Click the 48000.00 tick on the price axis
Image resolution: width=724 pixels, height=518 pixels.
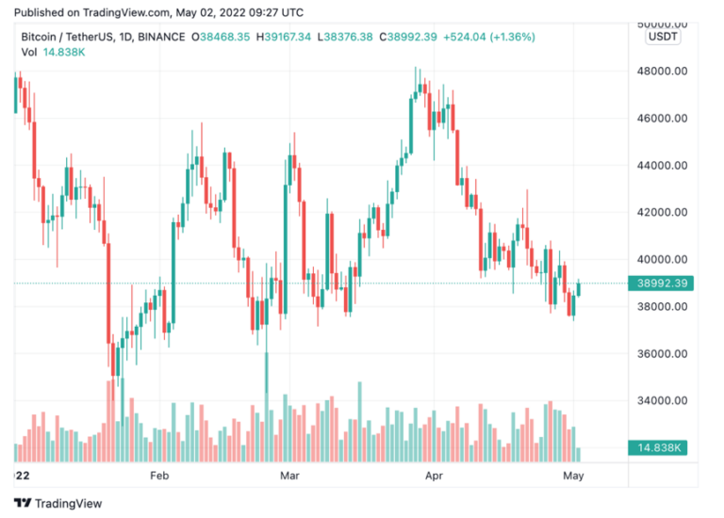(x=659, y=71)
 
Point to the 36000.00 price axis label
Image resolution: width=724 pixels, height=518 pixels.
(x=659, y=354)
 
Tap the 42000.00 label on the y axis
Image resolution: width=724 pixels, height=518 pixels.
(x=659, y=213)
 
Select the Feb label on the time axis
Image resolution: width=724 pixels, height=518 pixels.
(x=159, y=478)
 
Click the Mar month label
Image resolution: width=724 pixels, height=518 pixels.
(x=290, y=478)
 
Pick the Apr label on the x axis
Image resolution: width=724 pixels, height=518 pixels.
(x=435, y=478)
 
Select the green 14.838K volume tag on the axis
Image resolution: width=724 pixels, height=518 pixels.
(x=659, y=447)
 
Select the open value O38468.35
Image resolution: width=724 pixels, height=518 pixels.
(x=221, y=37)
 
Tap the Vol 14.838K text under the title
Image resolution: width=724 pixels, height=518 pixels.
(x=53, y=52)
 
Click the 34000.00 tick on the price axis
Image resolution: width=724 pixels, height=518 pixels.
(x=659, y=401)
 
